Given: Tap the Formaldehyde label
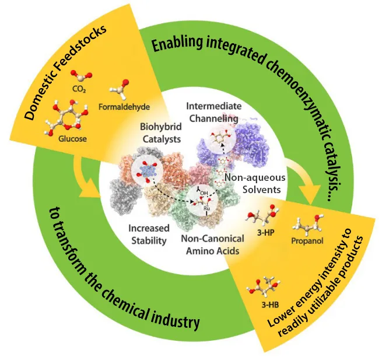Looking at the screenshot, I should (x=129, y=107).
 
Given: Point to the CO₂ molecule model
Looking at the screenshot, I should (x=80, y=76).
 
